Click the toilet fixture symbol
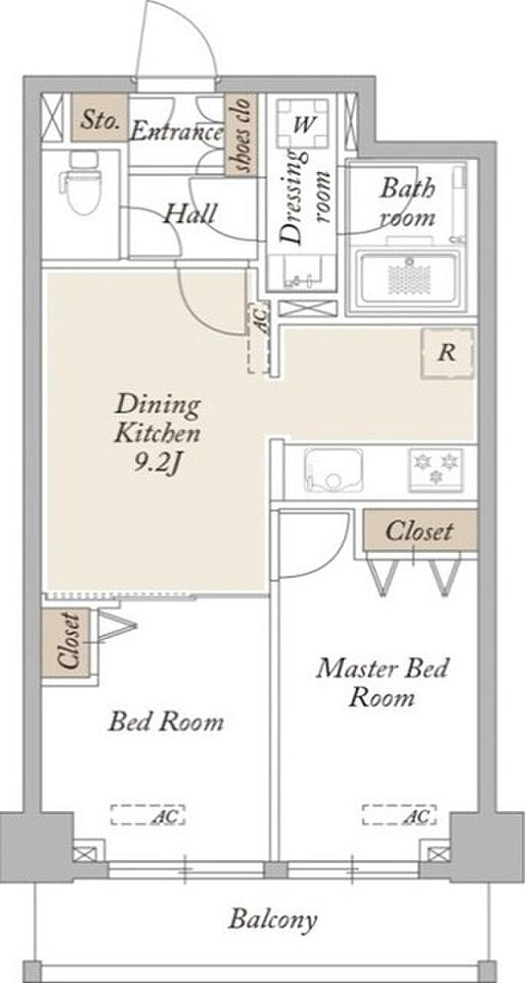(x=81, y=183)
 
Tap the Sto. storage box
(x=100, y=117)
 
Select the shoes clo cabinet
(x=241, y=134)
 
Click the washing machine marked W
(x=302, y=124)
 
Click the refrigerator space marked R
(x=447, y=352)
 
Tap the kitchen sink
(x=334, y=470)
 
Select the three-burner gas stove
(x=436, y=470)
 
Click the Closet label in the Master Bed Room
(x=419, y=531)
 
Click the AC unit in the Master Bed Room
(x=400, y=815)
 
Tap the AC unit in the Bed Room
(x=148, y=815)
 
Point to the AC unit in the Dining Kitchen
(x=259, y=338)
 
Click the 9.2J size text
(x=158, y=462)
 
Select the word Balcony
(x=272, y=919)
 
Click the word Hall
(x=190, y=213)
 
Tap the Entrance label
(x=177, y=131)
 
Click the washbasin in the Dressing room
(x=302, y=272)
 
